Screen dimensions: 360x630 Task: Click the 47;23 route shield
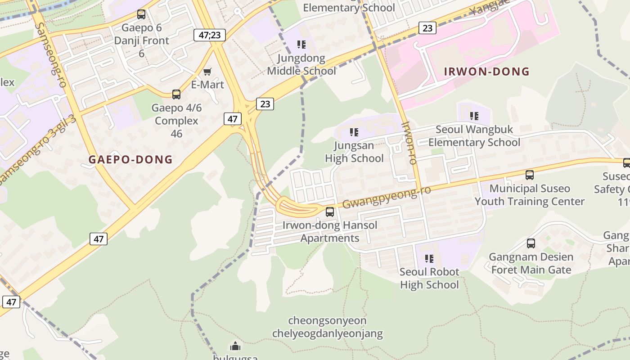tap(209, 35)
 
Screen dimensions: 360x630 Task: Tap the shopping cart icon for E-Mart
tap(207, 72)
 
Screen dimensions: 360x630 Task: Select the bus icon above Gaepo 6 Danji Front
tap(141, 14)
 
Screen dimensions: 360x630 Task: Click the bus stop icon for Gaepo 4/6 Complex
tap(176, 94)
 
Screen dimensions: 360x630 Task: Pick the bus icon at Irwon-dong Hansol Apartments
tap(330, 212)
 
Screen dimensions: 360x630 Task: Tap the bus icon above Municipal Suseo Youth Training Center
tap(530, 175)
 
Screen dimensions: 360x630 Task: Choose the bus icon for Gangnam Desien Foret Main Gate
tap(531, 244)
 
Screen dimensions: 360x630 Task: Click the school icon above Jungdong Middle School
tap(301, 45)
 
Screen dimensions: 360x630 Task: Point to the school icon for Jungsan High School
tap(354, 132)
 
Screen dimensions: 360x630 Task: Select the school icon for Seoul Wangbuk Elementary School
tap(474, 116)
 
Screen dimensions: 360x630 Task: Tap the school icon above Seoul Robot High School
tap(429, 259)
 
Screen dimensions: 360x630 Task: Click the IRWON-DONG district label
tap(486, 72)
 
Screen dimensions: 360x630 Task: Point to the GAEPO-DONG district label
tap(130, 159)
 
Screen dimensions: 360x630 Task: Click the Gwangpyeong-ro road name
tap(386, 198)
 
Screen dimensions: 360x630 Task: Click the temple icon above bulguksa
tap(235, 346)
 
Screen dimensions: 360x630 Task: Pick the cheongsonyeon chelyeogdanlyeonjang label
tap(327, 327)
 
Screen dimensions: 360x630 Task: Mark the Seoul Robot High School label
tap(429, 278)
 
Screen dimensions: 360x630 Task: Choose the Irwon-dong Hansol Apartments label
tap(330, 231)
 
